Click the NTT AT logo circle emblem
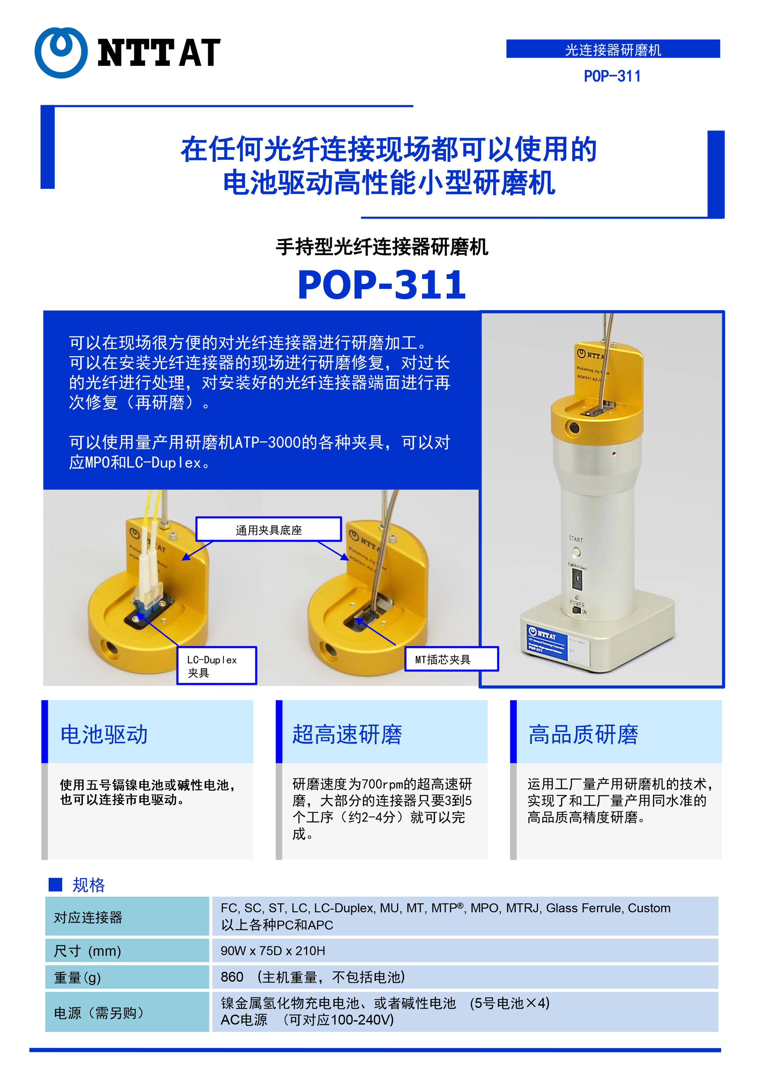pos(61,53)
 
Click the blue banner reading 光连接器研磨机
pos(613,49)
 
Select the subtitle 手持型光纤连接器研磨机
pos(382,247)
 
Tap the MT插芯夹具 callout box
pos(451,659)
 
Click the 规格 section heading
pos(88,885)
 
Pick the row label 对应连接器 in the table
pos(88,917)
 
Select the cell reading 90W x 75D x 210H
pos(273,951)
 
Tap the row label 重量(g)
pos(77,977)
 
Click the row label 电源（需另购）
pos(99,1013)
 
